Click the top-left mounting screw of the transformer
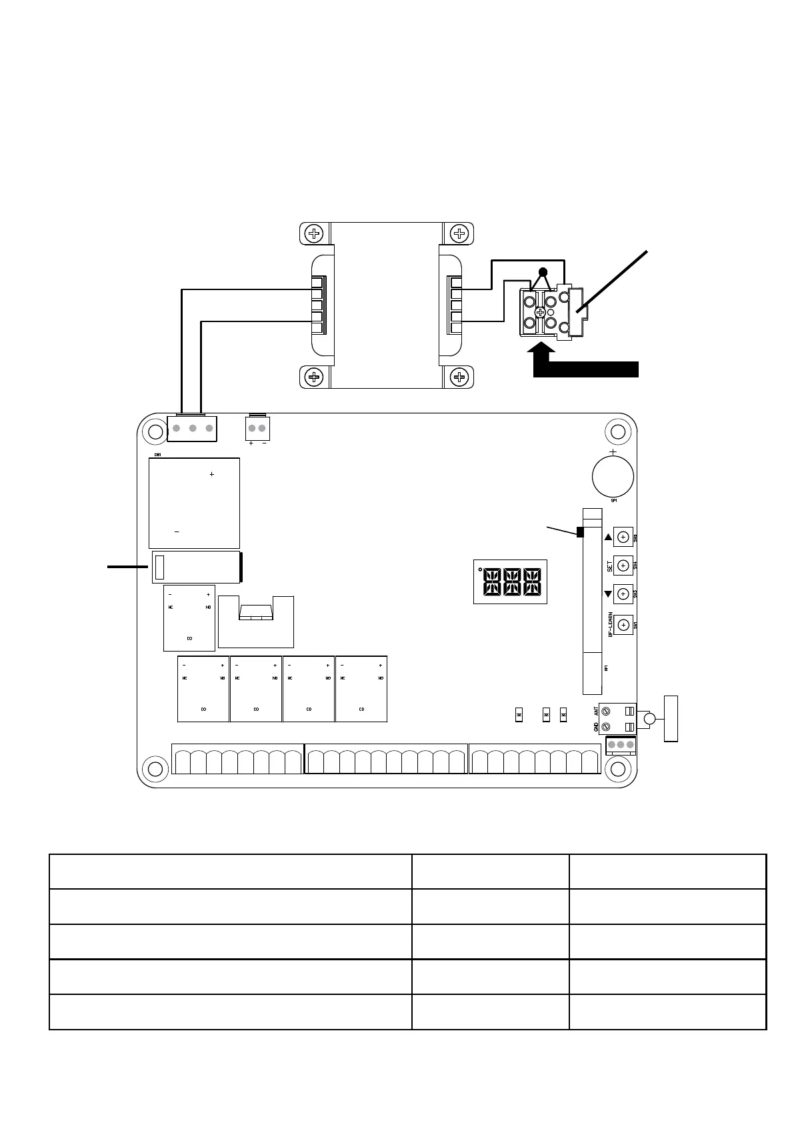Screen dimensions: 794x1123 [314, 233]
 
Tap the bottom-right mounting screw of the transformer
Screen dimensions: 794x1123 [459, 377]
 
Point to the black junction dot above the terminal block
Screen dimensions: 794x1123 [543, 272]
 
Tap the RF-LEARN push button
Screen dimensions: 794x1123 [623, 625]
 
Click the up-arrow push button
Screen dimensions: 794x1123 [623, 536]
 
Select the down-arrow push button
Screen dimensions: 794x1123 [623, 593]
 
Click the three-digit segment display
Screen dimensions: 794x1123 [510, 582]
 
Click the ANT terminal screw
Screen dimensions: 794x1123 [606, 712]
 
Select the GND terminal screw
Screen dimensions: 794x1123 [606, 727]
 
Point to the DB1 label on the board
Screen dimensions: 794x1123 [158, 455]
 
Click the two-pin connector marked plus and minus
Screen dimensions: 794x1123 [257, 428]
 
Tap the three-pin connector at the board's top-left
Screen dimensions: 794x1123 [192, 428]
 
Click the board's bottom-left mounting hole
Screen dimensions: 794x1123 [155, 769]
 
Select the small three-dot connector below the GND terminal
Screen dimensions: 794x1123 [621, 745]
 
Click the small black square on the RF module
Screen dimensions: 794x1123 [580, 532]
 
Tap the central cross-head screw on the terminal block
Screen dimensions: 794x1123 [540, 311]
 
